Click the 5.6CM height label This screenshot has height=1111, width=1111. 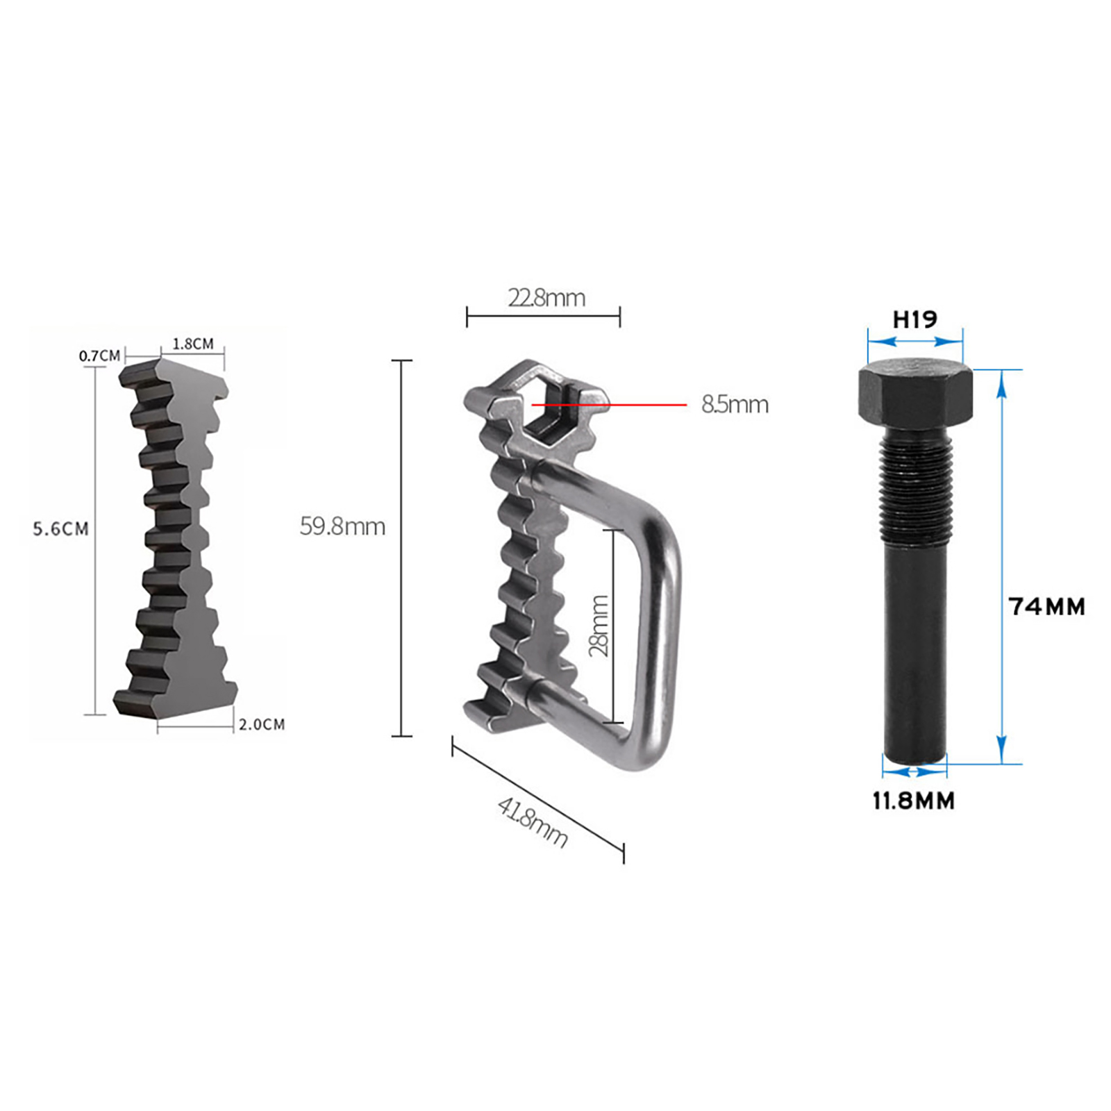61,529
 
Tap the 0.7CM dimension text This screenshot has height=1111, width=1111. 99,356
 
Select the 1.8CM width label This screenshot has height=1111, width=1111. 193,344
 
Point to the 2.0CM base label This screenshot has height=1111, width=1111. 262,724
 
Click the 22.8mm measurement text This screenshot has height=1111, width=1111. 546,298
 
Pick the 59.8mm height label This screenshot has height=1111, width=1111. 342,526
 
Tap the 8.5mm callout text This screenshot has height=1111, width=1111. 735,404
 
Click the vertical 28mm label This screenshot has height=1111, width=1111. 599,626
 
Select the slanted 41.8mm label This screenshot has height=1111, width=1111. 533,822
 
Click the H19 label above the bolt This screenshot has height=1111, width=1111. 914,319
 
